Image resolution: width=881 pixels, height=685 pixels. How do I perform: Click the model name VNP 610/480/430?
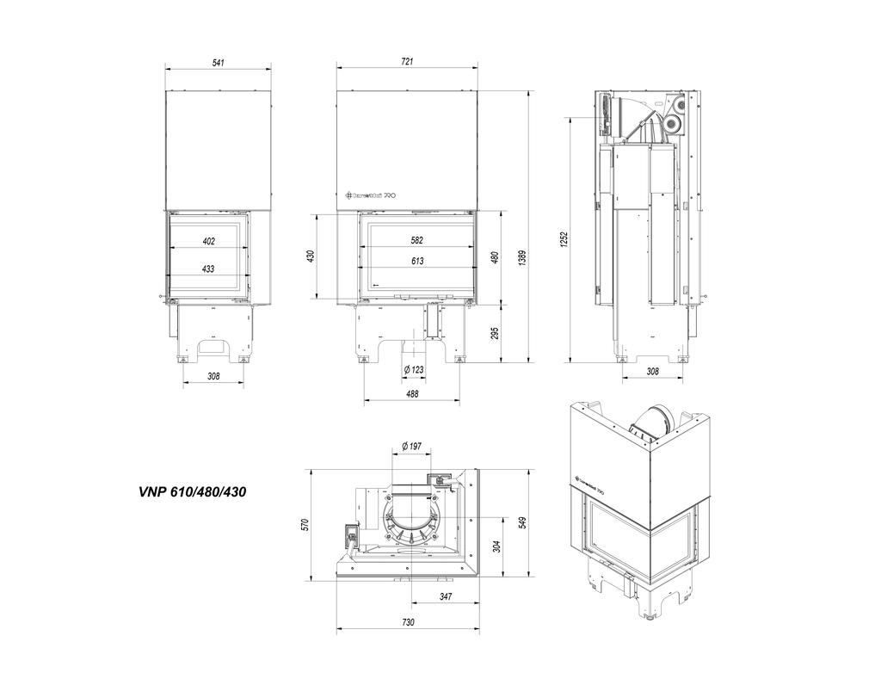pyautogui.click(x=195, y=492)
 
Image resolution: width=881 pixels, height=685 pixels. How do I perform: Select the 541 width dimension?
pyautogui.click(x=218, y=61)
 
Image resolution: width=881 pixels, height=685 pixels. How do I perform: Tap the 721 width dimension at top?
pyautogui.click(x=407, y=61)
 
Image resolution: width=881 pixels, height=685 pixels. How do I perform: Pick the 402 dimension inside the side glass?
pyautogui.click(x=208, y=241)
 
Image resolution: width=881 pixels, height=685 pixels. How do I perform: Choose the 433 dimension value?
pyautogui.click(x=208, y=268)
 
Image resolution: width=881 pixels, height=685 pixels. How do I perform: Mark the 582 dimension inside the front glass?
pyautogui.click(x=418, y=241)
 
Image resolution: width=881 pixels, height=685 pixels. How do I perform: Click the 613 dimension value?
pyautogui.click(x=418, y=260)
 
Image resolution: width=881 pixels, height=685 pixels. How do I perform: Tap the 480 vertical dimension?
pyautogui.click(x=495, y=256)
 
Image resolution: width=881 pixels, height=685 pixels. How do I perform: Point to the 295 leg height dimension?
pyautogui.click(x=495, y=332)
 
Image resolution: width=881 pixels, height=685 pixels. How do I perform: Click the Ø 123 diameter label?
pyautogui.click(x=414, y=369)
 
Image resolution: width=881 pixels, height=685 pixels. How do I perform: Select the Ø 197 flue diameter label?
pyautogui.click(x=411, y=446)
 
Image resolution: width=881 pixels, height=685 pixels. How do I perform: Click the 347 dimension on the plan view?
pyautogui.click(x=446, y=596)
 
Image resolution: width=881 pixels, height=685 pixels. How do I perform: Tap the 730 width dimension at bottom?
pyautogui.click(x=407, y=621)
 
